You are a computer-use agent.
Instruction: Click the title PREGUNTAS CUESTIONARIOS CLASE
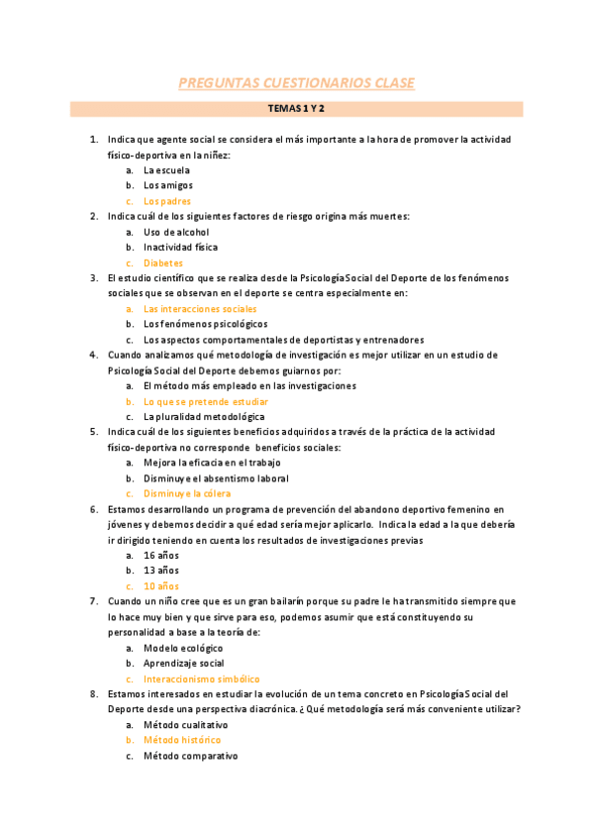[296, 83]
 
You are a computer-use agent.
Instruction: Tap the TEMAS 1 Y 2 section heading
[296, 109]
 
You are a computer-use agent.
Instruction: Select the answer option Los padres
[167, 201]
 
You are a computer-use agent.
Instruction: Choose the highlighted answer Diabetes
[163, 262]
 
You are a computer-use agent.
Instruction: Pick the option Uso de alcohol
[176, 232]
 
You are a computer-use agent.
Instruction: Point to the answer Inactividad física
[180, 247]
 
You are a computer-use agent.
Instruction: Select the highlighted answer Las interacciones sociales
[200, 309]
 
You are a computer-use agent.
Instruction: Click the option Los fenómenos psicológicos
[205, 324]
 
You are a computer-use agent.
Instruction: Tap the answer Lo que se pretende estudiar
[206, 401]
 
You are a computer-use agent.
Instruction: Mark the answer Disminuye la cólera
[187, 493]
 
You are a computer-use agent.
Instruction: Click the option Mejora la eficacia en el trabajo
[212, 463]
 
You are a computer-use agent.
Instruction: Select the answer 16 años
[161, 556]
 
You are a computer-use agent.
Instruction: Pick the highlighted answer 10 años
[161, 586]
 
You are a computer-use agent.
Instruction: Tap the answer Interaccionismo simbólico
[202, 679]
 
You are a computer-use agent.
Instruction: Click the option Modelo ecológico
[184, 648]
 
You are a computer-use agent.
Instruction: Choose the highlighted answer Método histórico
[182, 740]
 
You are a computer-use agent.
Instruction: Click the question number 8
[93, 694]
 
